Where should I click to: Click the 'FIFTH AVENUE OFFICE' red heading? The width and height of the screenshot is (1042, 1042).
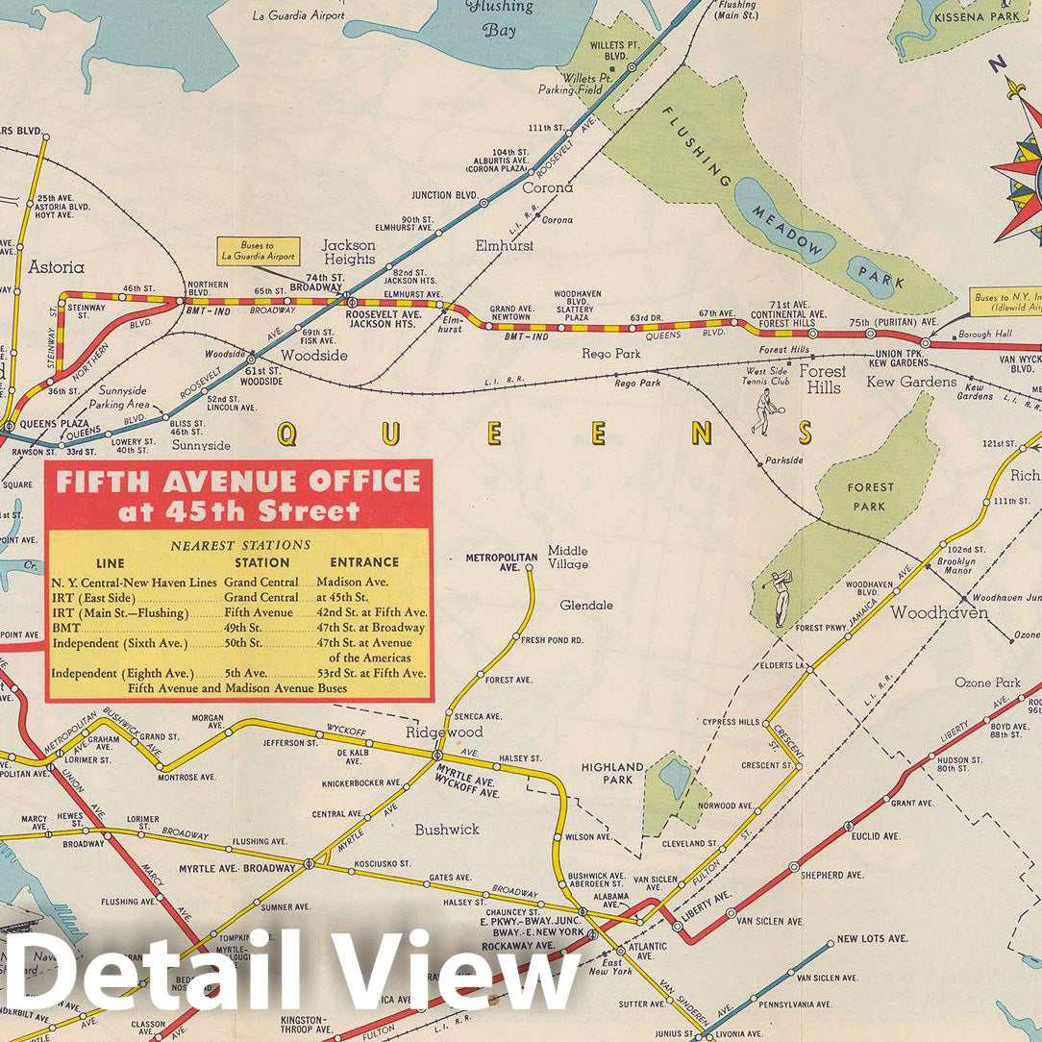(238, 482)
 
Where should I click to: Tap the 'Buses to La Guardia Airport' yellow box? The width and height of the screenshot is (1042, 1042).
(258, 252)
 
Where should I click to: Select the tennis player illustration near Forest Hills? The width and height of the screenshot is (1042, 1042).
(764, 411)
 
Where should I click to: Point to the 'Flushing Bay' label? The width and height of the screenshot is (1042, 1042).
(498, 17)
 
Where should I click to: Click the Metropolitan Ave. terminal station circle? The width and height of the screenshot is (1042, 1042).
(529, 569)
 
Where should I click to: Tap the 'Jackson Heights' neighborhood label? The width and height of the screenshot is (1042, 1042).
(349, 252)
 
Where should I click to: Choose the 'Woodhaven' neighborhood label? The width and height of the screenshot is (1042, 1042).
(938, 612)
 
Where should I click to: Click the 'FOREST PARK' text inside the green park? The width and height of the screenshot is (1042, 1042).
(870, 496)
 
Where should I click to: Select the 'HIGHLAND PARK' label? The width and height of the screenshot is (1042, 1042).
(612, 773)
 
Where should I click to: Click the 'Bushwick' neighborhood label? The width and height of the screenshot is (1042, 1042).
(446, 829)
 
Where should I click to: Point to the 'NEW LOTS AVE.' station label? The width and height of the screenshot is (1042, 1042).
(872, 938)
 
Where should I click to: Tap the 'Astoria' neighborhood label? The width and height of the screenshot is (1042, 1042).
(57, 267)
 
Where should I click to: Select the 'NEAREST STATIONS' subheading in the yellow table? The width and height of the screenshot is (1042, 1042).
(240, 545)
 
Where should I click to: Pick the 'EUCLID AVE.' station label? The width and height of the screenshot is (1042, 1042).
(876, 836)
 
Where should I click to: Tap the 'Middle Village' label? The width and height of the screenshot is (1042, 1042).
(568, 558)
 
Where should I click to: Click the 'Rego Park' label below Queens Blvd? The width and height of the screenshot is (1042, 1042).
(610, 354)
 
